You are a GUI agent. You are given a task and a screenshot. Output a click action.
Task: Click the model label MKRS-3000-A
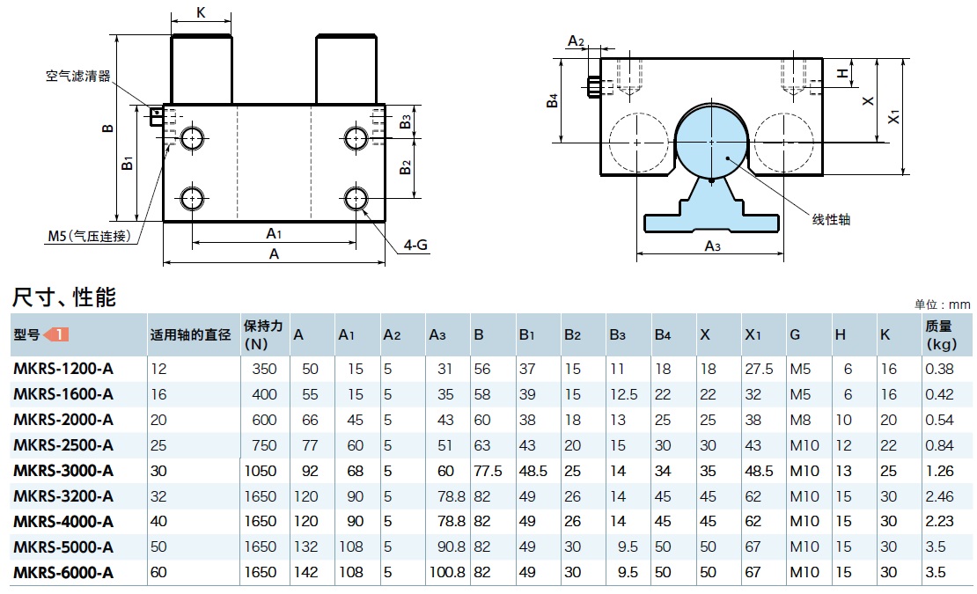(63, 471)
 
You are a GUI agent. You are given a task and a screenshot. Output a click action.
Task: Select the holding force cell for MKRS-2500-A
(264, 445)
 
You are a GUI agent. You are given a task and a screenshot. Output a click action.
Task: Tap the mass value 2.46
(939, 496)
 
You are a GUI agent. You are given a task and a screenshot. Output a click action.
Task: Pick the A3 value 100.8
(448, 573)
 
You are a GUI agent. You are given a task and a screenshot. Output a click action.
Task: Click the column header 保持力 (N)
(263, 334)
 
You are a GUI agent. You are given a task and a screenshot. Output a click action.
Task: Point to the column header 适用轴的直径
(190, 335)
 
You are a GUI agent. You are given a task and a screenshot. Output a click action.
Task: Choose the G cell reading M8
(800, 420)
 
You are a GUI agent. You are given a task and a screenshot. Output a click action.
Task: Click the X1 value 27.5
(758, 369)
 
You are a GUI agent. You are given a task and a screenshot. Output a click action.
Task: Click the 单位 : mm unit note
(943, 304)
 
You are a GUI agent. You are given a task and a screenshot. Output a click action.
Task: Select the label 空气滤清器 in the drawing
(78, 77)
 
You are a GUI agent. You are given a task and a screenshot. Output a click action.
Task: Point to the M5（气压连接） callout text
(89, 236)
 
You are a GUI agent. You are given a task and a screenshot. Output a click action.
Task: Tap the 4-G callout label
(415, 246)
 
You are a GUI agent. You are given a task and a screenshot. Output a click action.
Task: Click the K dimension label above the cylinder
(201, 12)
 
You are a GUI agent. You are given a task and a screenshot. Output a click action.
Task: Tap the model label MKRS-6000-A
(63, 573)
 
